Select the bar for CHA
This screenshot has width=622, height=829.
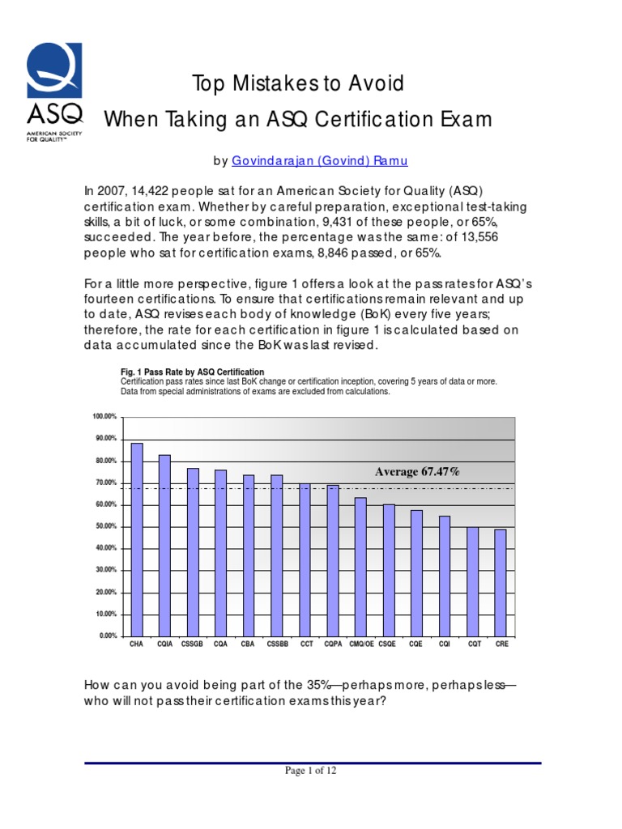coord(137,539)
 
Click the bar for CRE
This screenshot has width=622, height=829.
coord(501,582)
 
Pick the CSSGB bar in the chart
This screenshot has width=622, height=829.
coord(193,551)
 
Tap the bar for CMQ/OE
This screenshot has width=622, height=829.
coord(360,566)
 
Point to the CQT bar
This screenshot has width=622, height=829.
coord(472,580)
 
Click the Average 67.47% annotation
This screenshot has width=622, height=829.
coord(417,471)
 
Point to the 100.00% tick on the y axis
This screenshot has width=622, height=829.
coord(105,416)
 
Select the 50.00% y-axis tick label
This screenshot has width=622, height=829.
coord(107,526)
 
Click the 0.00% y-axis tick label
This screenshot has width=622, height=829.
coord(109,636)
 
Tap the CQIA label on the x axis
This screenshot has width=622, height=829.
coord(165,645)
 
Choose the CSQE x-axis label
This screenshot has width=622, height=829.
coord(389,645)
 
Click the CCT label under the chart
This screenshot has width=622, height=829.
coord(305,645)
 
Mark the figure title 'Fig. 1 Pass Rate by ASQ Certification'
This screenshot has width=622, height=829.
coord(192,372)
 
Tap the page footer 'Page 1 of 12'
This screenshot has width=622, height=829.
coord(310,771)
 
